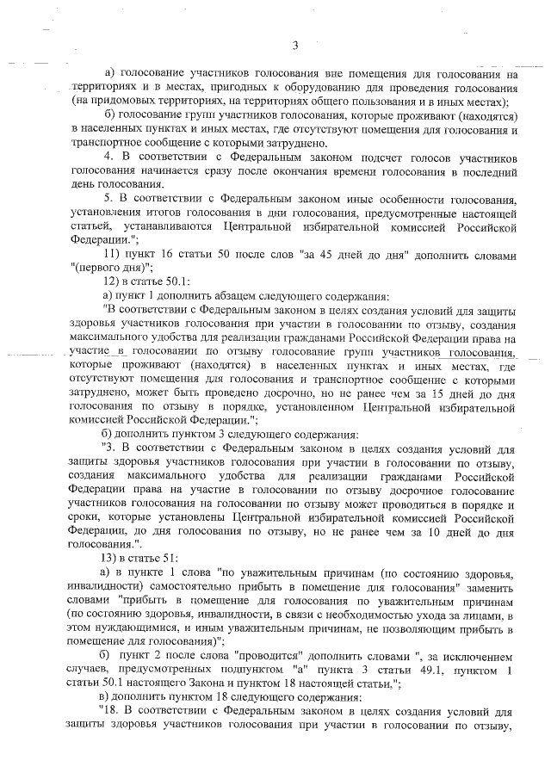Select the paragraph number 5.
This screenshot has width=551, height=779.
[x=107, y=200]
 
